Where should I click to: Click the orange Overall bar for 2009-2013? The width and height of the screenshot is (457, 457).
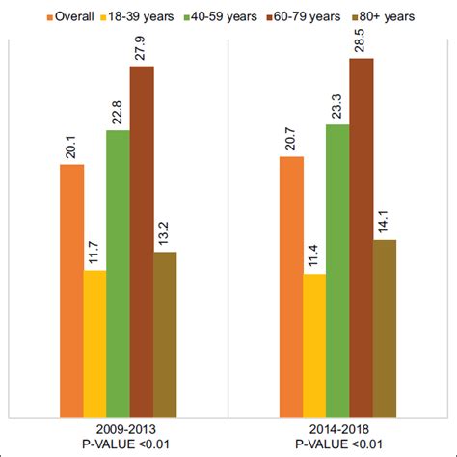click(72, 290)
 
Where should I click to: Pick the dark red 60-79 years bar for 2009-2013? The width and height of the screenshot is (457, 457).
click(142, 241)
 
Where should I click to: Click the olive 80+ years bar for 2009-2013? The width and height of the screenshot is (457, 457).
click(165, 334)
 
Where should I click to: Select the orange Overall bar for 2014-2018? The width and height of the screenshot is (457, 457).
click(291, 286)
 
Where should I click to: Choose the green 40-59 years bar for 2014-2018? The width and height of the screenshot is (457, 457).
click(337, 270)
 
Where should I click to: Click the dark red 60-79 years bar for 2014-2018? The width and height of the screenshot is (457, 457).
click(361, 237)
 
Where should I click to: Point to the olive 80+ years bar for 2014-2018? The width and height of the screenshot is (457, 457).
click(384, 328)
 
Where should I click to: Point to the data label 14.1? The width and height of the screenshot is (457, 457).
click(385, 221)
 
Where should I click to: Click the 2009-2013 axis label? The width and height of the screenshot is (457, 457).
click(119, 427)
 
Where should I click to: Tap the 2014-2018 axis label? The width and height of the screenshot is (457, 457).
click(337, 427)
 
